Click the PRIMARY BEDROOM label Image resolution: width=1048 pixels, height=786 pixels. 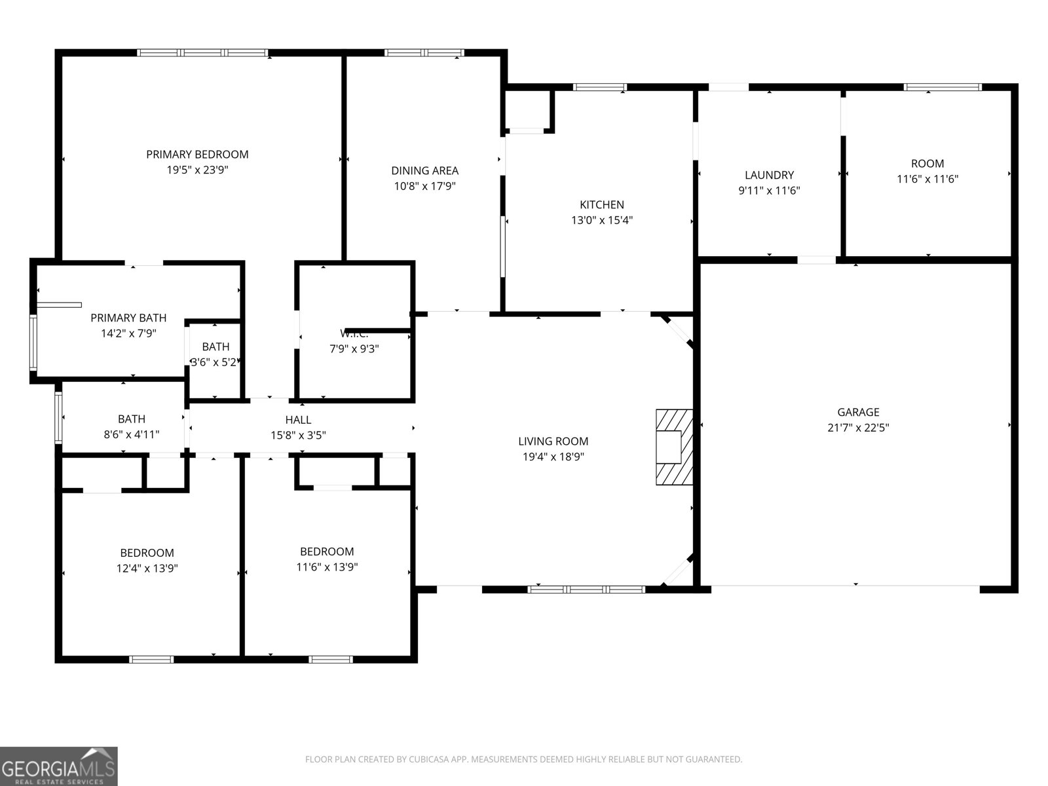pyautogui.click(x=197, y=155)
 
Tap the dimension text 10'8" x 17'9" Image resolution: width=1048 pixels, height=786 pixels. pyautogui.click(x=424, y=186)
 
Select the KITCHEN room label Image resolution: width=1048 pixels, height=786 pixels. pyautogui.click(x=601, y=204)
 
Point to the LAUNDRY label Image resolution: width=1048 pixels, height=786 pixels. pyautogui.click(x=769, y=175)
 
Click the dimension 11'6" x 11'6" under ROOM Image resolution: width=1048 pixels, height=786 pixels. pyautogui.click(x=927, y=179)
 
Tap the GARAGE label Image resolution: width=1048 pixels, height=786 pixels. pyautogui.click(x=858, y=412)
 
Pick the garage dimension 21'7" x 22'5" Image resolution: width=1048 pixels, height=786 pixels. pyautogui.click(x=858, y=428)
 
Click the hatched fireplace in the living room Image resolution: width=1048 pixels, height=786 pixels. pyautogui.click(x=674, y=447)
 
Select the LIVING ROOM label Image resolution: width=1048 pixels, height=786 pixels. pyautogui.click(x=553, y=441)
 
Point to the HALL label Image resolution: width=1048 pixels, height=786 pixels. pyautogui.click(x=298, y=420)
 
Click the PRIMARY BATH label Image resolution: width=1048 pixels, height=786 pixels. pyautogui.click(x=128, y=318)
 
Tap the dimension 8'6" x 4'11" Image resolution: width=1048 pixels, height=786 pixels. pyautogui.click(x=132, y=434)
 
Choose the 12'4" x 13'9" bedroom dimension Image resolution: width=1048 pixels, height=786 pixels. pyautogui.click(x=147, y=569)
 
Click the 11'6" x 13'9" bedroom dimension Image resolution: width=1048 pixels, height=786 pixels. pyautogui.click(x=327, y=567)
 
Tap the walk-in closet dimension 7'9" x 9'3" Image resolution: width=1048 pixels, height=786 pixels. pyautogui.click(x=354, y=349)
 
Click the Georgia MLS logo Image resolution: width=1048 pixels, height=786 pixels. pyautogui.click(x=58, y=766)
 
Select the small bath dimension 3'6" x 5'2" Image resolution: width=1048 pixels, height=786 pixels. pyautogui.click(x=214, y=362)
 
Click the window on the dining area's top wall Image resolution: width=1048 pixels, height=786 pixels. pyautogui.click(x=424, y=53)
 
